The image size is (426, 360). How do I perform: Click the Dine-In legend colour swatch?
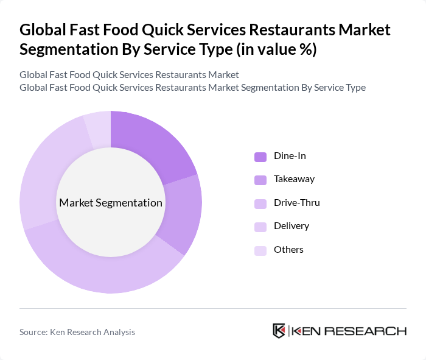pyautogui.click(x=260, y=157)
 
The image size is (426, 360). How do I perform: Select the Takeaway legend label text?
pyautogui.click(x=295, y=179)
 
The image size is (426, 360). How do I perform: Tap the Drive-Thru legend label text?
pyautogui.click(x=297, y=202)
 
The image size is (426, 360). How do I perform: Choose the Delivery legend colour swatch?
pyautogui.click(x=260, y=227)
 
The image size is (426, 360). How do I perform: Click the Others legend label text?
pyautogui.click(x=288, y=249)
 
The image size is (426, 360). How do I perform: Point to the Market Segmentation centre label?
pyautogui.click(x=111, y=203)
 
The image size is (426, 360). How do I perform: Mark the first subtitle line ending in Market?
pyautogui.click(x=129, y=75)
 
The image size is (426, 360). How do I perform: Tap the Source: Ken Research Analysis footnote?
pyautogui.click(x=77, y=332)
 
